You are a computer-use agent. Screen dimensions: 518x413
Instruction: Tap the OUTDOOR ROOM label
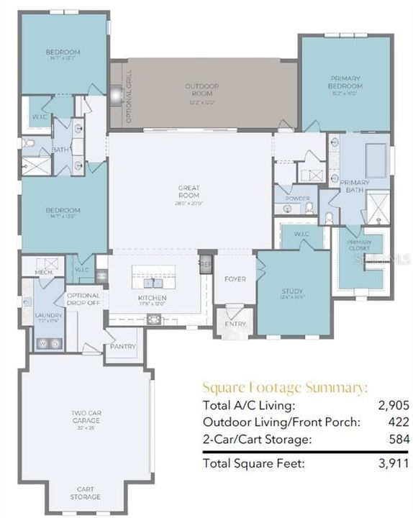pyautogui.click(x=201, y=89)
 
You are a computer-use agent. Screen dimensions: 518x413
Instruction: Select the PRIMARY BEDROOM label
pyautogui.click(x=345, y=81)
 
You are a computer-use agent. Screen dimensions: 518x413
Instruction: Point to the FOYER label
pyautogui.click(x=235, y=279)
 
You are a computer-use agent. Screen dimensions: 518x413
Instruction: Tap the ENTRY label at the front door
pyautogui.click(x=235, y=324)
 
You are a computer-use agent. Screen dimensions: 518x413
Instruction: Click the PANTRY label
pyautogui.click(x=123, y=347)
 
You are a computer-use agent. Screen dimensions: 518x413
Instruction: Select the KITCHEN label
pyautogui.click(x=152, y=298)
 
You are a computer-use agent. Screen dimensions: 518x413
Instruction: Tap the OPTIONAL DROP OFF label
pyautogui.click(x=83, y=299)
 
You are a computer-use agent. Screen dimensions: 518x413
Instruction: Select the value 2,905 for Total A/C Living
pyautogui.click(x=395, y=406)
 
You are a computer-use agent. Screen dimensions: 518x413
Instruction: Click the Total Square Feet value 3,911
pyautogui.click(x=395, y=465)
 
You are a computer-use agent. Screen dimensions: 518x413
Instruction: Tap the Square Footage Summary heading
pyautogui.click(x=285, y=387)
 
